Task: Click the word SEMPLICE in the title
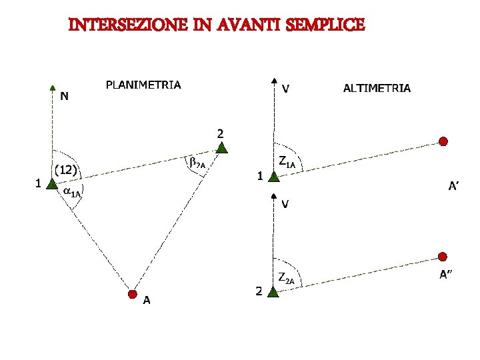[326, 25]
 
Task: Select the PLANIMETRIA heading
[143, 85]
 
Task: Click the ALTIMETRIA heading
[377, 87]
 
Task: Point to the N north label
[64, 96]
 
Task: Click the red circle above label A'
[443, 141]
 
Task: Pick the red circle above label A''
[443, 257]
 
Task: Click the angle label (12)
[67, 171]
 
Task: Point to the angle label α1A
[71, 192]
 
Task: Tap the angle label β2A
[197, 162]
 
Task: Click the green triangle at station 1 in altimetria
[273, 175]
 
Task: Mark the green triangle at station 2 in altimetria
[273, 291]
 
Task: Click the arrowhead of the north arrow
[53, 87]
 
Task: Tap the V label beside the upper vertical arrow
[285, 87]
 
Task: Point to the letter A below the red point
[146, 301]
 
